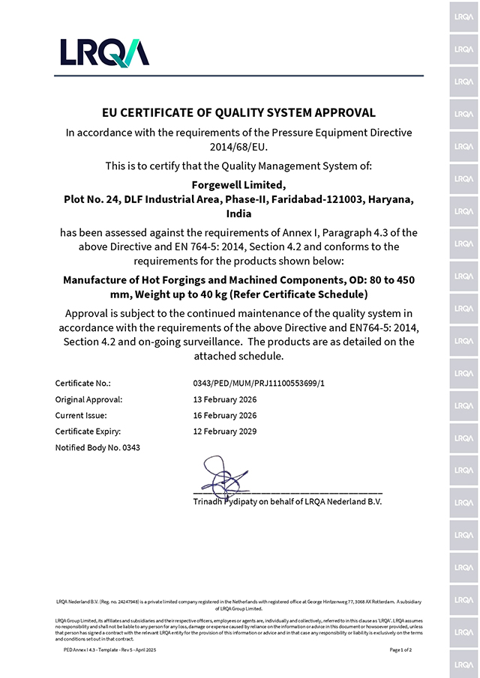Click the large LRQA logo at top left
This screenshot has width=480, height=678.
[x=104, y=52]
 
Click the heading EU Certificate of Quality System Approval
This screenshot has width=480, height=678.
[x=238, y=113]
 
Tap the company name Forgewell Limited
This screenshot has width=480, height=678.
[x=238, y=185]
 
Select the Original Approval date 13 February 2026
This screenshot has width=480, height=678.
[x=225, y=399]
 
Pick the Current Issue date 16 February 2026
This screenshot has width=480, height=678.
[x=225, y=415]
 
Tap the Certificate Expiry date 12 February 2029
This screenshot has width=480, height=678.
[x=225, y=431]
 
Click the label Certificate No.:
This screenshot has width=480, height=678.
[x=82, y=384]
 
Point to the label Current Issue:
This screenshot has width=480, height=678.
[x=81, y=415]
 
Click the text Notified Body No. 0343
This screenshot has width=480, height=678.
[x=97, y=447]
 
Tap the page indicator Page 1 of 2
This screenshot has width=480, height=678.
[x=406, y=650]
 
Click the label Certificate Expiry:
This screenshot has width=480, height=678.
[x=88, y=431]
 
